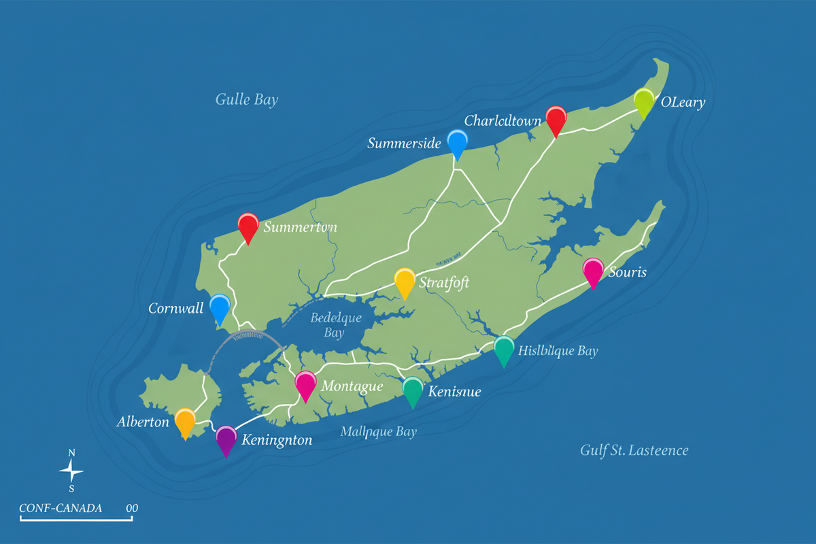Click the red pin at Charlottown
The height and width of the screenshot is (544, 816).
(x=556, y=119)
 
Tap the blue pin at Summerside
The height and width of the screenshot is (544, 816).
(x=458, y=142)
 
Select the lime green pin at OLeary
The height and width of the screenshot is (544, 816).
(x=643, y=101)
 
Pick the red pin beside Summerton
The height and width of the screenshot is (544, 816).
(x=248, y=226)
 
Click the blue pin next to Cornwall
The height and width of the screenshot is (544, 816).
(x=219, y=307)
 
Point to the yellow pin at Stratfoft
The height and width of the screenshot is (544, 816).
(x=405, y=281)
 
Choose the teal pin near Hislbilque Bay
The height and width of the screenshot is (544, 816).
(x=504, y=349)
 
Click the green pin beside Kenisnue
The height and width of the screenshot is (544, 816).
(x=413, y=390)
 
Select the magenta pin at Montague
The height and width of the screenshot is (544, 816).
(x=305, y=384)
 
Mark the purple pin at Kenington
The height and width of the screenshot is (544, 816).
(x=226, y=439)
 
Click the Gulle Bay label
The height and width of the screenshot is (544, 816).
(x=247, y=100)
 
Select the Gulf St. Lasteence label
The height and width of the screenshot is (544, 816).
(x=634, y=450)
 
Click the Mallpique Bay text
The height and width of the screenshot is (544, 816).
(x=378, y=432)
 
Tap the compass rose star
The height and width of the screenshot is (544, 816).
(x=71, y=471)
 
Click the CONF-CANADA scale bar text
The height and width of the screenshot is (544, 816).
(x=61, y=508)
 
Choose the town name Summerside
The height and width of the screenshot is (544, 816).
(x=404, y=143)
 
